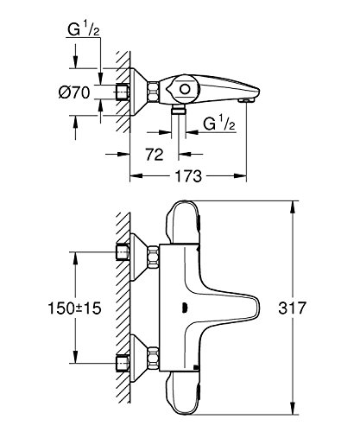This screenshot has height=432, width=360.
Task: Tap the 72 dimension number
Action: point(155,155)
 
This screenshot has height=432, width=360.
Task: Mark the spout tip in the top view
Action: point(248,101)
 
